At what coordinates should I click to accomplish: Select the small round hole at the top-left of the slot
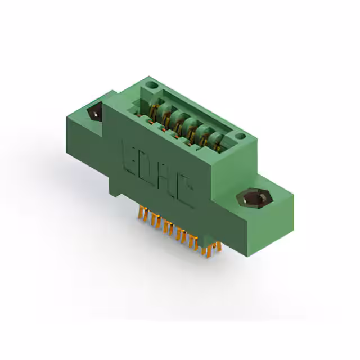pos(149,87)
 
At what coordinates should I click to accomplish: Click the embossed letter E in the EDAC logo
pos(129,153)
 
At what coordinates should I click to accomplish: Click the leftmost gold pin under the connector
pos(139,213)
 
